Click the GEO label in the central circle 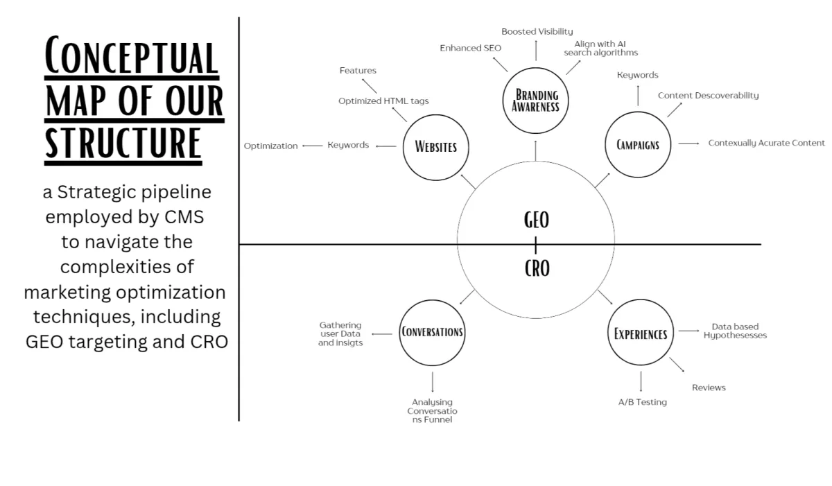537,220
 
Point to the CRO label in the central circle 537,268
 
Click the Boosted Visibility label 537,32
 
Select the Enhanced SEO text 470,48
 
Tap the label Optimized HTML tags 383,101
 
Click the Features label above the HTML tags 358,70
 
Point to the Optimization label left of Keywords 271,146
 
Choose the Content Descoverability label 709,96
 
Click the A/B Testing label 642,402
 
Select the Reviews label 709,388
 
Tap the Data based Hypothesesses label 735,331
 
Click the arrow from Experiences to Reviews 677,365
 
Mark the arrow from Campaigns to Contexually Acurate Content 688,144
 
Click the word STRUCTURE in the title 123,144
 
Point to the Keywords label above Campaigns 637,76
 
